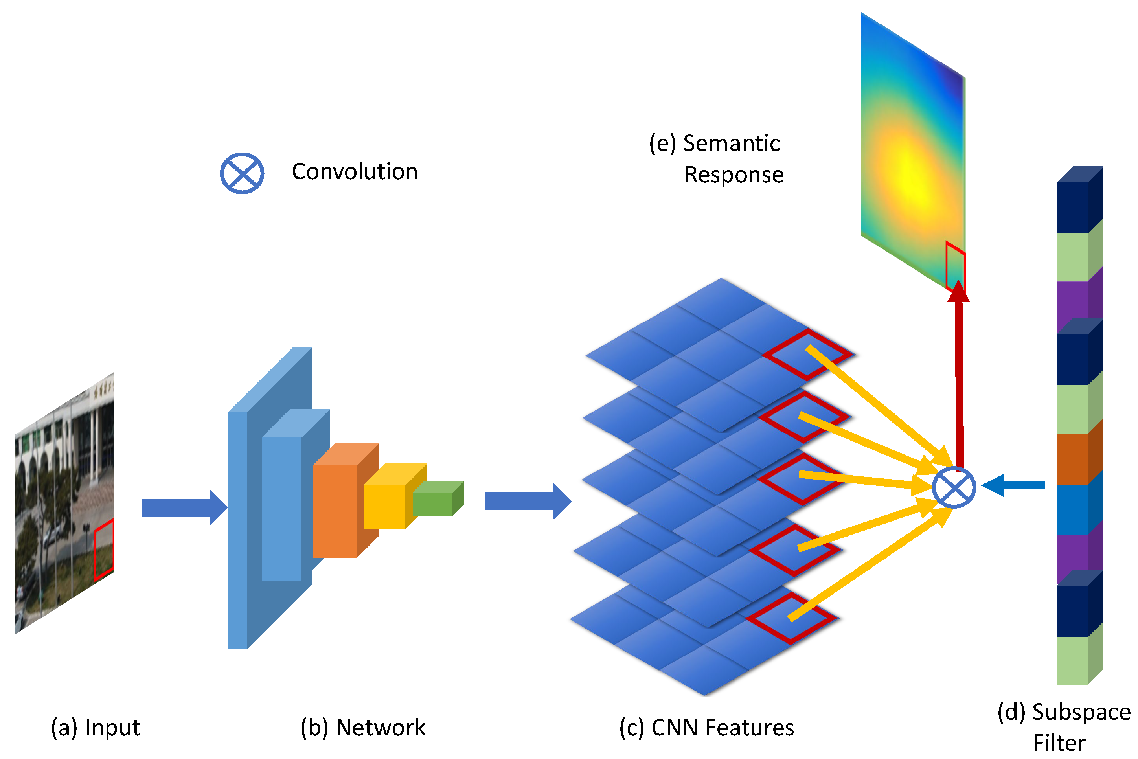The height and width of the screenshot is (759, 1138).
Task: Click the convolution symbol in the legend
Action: point(242,173)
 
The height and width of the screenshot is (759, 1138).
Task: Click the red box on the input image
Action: point(104,549)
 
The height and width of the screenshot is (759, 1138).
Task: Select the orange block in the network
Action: point(335,511)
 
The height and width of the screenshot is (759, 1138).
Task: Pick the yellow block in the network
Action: point(385,506)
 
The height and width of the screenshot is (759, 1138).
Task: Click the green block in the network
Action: point(432,504)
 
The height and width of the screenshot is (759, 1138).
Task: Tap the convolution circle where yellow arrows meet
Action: point(954,488)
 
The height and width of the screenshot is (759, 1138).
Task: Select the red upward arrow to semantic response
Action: point(959,378)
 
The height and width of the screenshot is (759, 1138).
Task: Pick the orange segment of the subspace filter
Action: point(1073,458)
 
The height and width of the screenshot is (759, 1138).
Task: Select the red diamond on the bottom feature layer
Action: point(791,619)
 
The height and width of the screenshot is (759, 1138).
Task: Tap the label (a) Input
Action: point(96,728)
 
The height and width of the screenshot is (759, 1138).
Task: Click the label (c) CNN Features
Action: point(707,728)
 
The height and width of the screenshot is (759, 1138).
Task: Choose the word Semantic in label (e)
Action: point(731,143)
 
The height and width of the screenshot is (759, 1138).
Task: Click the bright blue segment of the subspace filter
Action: point(1073,509)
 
